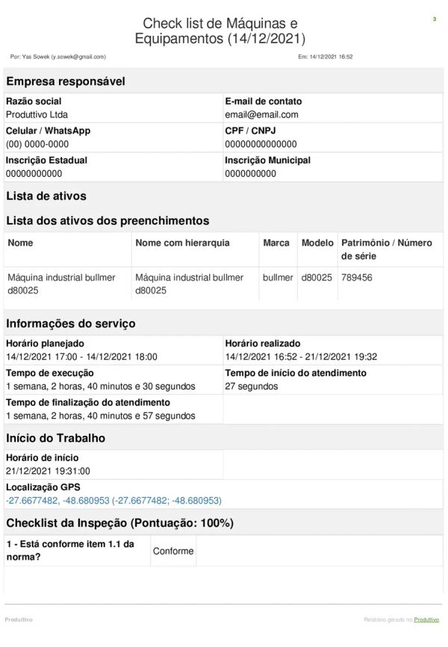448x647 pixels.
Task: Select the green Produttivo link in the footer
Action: click(x=426, y=619)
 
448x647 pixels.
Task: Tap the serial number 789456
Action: click(x=356, y=278)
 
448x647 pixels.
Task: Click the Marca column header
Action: click(x=276, y=243)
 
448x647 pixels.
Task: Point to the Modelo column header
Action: click(x=317, y=243)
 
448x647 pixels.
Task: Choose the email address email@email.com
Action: click(x=261, y=115)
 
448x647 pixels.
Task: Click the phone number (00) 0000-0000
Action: click(x=37, y=144)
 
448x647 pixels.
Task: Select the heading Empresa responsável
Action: click(x=66, y=81)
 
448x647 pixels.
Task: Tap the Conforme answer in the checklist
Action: click(x=173, y=551)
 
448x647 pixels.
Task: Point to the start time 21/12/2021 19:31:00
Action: click(x=48, y=471)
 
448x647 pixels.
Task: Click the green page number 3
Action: click(x=434, y=19)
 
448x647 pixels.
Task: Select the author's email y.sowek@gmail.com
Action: click(x=78, y=57)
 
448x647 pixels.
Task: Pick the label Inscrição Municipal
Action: click(x=267, y=160)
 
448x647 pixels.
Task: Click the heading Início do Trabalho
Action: click(x=56, y=438)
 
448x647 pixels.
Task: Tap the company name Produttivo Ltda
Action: click(x=37, y=115)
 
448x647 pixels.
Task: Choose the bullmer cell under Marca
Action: click(x=278, y=278)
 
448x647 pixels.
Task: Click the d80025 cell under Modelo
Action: click(x=317, y=278)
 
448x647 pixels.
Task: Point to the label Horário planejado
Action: click(x=45, y=343)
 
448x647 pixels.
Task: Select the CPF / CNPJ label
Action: click(x=251, y=131)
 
